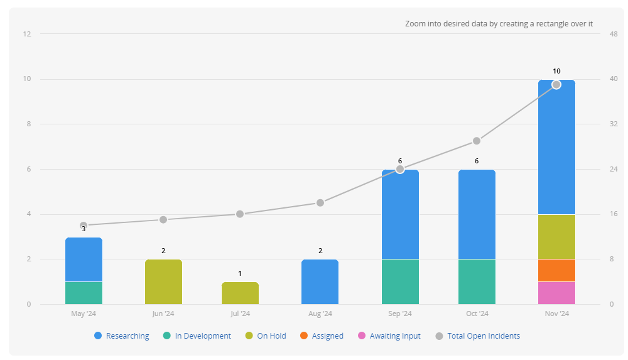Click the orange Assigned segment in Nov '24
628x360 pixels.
[x=556, y=270]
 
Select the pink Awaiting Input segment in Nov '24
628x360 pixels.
[x=556, y=293]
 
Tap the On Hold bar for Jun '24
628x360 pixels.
[x=163, y=281]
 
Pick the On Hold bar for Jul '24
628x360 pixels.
[x=240, y=293]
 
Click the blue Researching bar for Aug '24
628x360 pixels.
[x=320, y=281]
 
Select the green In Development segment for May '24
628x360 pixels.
[x=84, y=293]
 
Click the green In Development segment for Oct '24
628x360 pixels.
[x=477, y=281]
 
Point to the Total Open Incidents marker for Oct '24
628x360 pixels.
[x=477, y=141]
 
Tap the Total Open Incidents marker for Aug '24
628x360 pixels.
[x=320, y=203]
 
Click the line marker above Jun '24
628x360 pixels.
[x=163, y=220]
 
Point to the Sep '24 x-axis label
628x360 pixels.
[x=399, y=314]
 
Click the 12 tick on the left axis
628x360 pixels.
[x=27, y=34]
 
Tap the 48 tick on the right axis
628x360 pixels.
[x=614, y=34]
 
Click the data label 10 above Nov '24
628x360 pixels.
[x=556, y=71]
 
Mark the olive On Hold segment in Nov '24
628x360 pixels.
[x=556, y=237]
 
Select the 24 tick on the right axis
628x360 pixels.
[x=614, y=169]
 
